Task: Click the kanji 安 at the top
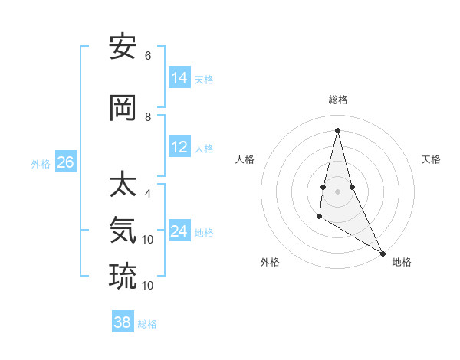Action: click(x=123, y=47)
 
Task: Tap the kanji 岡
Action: click(x=123, y=109)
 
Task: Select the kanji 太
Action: click(x=123, y=185)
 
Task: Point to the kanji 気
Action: click(x=123, y=230)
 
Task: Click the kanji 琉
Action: click(x=123, y=276)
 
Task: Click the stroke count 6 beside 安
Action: click(x=148, y=55)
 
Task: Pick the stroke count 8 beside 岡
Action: click(x=148, y=117)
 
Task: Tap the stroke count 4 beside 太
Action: click(x=148, y=194)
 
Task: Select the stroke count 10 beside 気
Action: click(x=148, y=240)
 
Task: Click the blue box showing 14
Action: click(x=179, y=78)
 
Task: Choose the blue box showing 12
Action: click(x=179, y=147)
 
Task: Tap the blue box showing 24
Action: click(x=179, y=231)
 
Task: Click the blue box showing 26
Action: click(x=65, y=162)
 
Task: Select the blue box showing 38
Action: click(x=122, y=322)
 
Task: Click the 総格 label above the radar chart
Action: click(x=337, y=100)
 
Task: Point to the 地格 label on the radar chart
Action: click(x=402, y=262)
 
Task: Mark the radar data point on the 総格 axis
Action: click(x=337, y=130)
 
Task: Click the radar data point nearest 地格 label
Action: click(x=383, y=253)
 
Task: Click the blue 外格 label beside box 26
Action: click(x=40, y=163)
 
